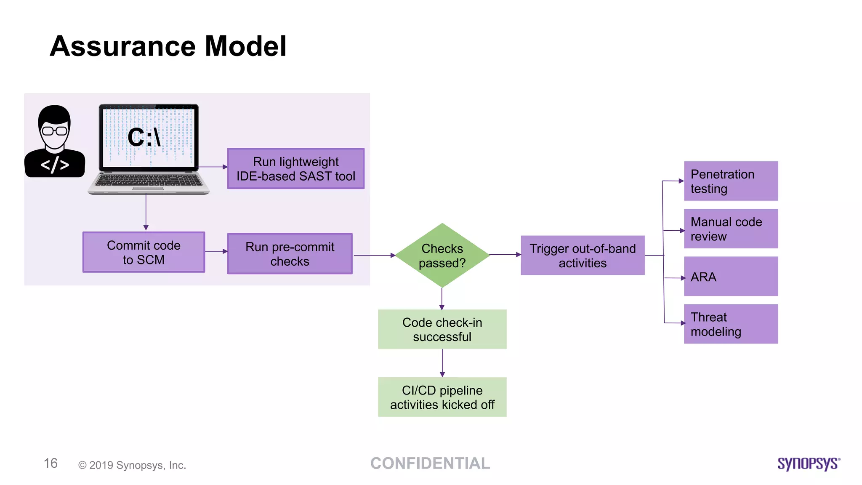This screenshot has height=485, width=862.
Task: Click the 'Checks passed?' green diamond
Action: point(442,255)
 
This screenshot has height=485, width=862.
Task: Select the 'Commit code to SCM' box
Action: point(144,252)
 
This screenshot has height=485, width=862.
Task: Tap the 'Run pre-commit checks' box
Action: point(290,253)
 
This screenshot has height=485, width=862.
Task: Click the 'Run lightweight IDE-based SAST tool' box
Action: point(295,168)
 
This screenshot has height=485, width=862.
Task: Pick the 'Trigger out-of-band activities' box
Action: point(583,255)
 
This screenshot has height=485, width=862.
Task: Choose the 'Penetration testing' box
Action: point(731,181)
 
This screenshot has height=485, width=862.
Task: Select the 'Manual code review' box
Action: point(731,229)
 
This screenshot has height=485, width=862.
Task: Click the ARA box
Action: point(731,276)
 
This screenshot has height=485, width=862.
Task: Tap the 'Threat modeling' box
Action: point(731,324)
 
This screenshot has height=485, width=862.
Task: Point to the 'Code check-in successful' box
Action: point(442,329)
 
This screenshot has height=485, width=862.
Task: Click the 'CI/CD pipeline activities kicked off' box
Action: point(442,397)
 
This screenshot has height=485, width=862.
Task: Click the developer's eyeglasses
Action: point(55,131)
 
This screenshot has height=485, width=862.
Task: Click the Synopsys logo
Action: point(808,464)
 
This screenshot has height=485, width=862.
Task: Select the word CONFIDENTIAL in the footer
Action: point(430,464)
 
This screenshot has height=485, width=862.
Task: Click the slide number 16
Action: point(51,464)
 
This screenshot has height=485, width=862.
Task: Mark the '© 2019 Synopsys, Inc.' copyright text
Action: point(132,465)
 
